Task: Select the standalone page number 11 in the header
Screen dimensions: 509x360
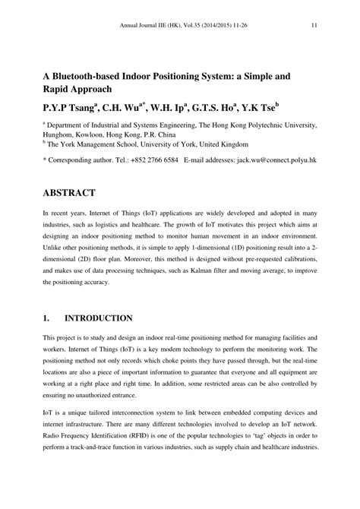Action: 314,25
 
